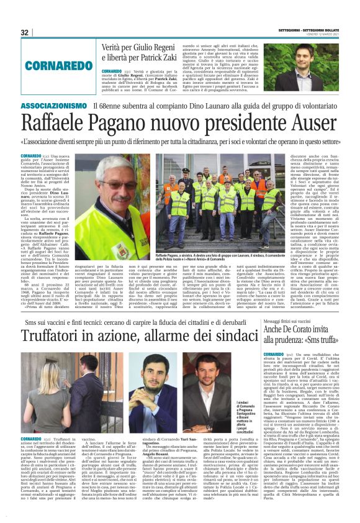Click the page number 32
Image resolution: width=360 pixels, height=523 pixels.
pos(25,32)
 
